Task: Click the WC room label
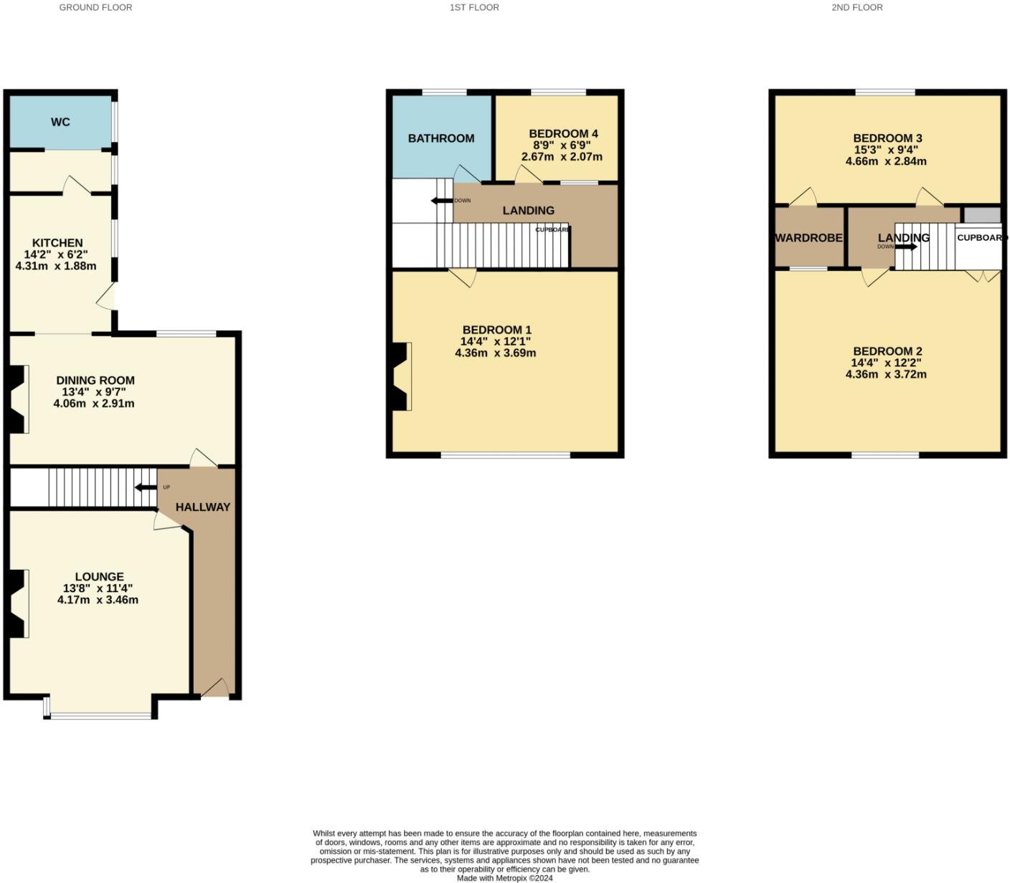click(60, 122)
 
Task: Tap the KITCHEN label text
click(57, 243)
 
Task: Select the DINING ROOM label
click(95, 381)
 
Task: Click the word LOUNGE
click(99, 576)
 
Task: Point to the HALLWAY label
click(203, 507)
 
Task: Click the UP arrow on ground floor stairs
click(146, 488)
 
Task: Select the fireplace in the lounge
click(18, 603)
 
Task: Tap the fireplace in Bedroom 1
click(401, 376)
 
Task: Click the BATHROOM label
click(441, 138)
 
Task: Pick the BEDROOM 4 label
click(563, 134)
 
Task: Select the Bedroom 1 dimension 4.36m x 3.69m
click(496, 353)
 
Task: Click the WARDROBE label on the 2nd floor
click(808, 238)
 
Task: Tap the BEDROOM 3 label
click(887, 138)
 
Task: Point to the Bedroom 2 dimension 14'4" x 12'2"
click(886, 363)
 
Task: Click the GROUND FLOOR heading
click(95, 7)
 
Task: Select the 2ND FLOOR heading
click(857, 7)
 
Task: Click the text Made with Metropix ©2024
click(505, 878)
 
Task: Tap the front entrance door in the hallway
click(214, 689)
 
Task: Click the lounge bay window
click(100, 715)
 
